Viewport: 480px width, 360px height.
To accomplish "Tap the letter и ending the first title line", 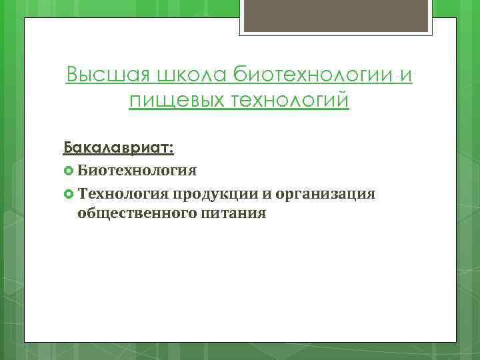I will [406, 76].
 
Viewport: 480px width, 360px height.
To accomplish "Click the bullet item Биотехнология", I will [137, 171].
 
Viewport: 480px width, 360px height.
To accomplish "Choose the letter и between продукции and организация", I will [262, 195].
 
